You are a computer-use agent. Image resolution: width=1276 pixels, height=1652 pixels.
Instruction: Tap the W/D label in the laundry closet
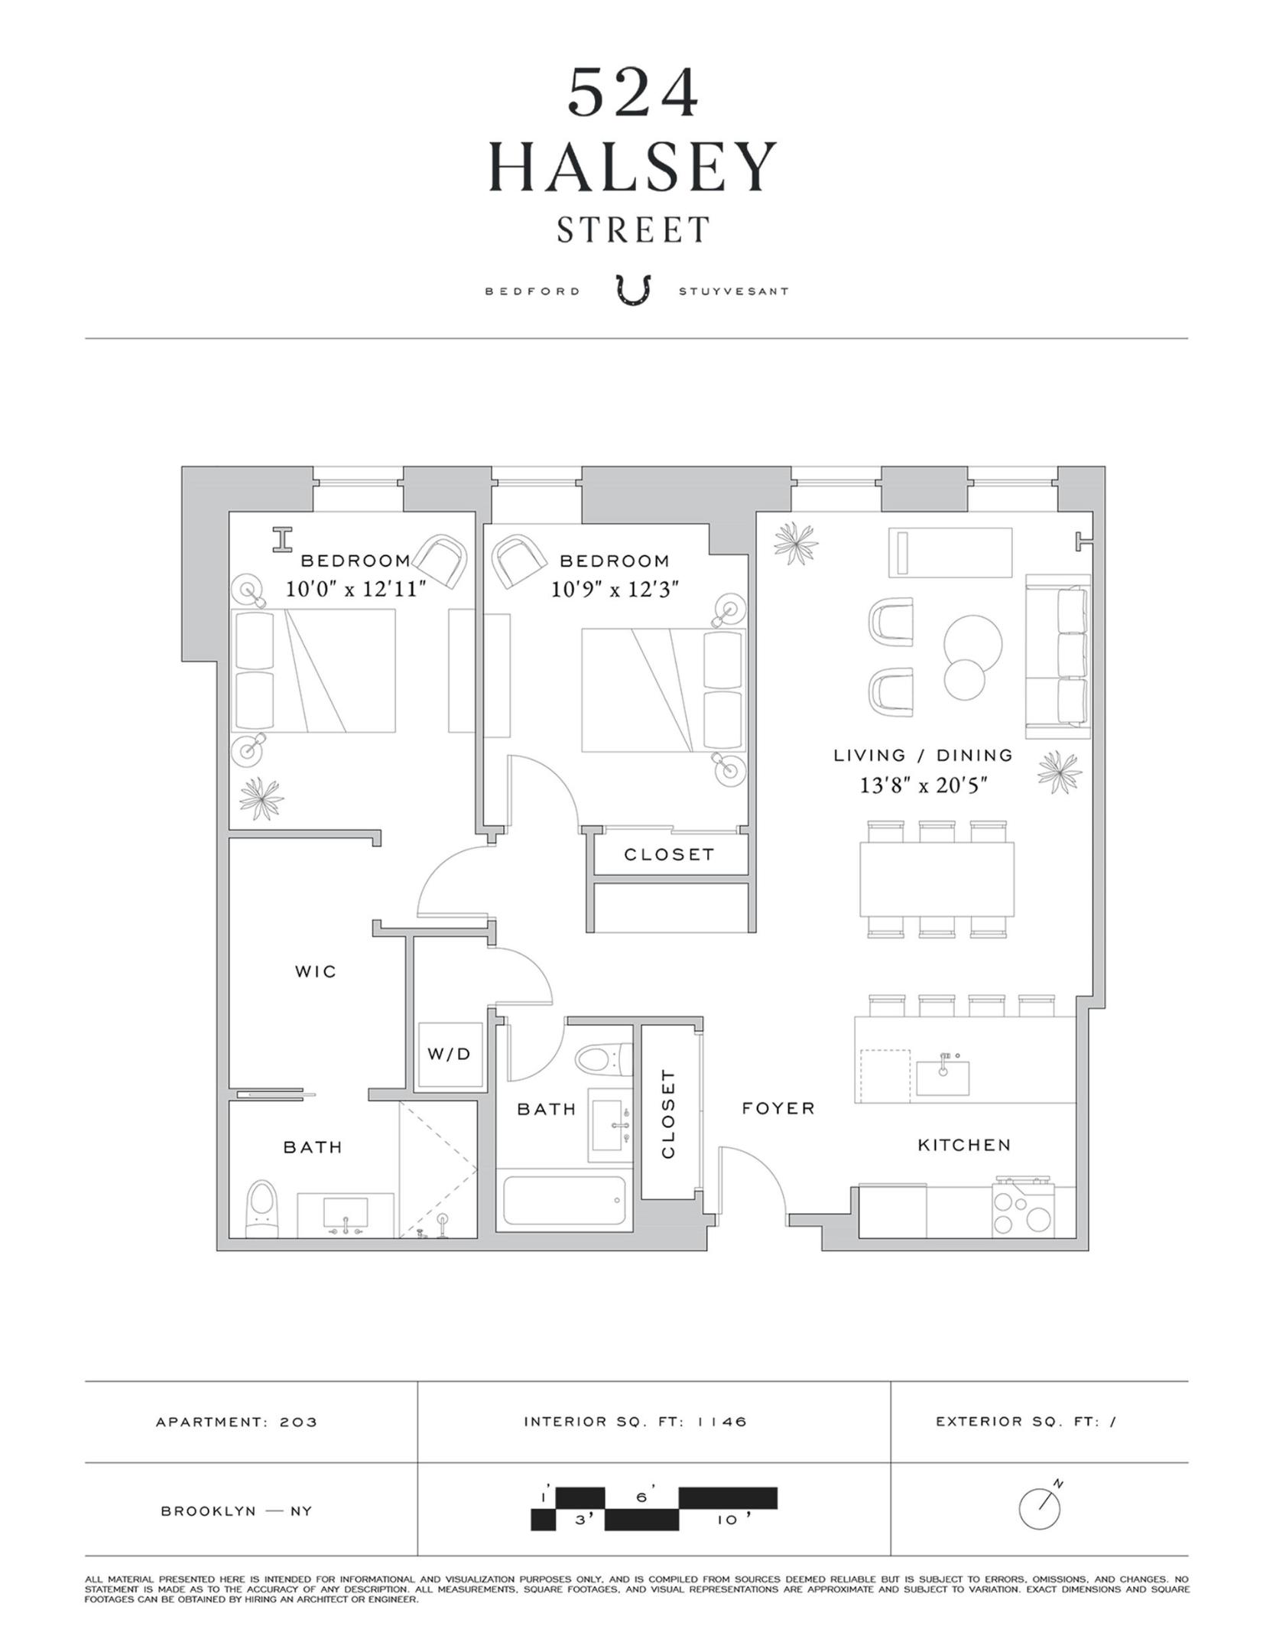coord(449,1054)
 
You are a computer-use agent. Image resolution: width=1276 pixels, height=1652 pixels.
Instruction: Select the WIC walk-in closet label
coord(316,971)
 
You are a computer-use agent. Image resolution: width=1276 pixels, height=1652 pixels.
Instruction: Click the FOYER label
coord(778,1108)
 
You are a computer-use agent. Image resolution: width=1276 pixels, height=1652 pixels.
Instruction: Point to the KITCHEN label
coord(964,1145)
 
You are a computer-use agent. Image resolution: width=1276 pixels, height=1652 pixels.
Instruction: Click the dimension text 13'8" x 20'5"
coord(924,785)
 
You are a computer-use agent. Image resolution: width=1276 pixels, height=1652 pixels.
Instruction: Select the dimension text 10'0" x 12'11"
coord(355,589)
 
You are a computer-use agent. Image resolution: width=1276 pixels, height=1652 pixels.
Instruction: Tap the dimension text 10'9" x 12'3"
coord(615,589)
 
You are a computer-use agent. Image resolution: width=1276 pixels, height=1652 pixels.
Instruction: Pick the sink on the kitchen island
coord(942,1068)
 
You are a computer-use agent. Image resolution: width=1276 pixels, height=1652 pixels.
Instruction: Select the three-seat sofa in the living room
coord(1059,656)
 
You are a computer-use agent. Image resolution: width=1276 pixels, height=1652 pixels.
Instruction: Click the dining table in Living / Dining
coord(937,879)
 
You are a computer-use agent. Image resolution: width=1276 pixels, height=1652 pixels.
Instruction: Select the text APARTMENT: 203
coord(236,1423)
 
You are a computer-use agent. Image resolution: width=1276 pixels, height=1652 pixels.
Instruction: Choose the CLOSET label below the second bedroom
coord(669,854)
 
